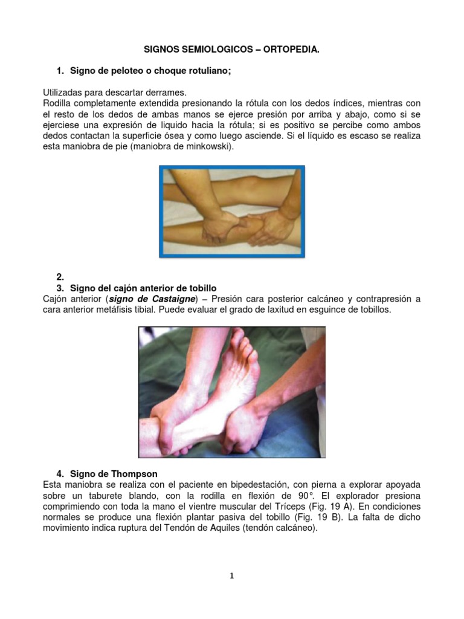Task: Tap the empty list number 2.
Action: tap(60, 276)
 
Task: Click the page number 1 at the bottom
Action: tap(232, 576)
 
